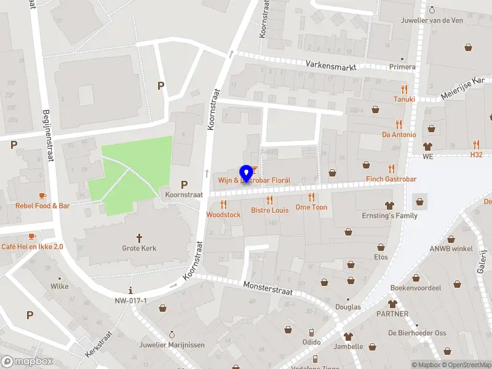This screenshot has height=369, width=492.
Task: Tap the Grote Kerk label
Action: click(139, 248)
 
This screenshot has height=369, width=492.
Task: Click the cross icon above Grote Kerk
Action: click(139, 237)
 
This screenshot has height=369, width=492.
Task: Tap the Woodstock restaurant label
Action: click(223, 215)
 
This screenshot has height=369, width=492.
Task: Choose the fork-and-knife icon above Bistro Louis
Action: click(269, 200)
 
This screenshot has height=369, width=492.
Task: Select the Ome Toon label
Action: click(311, 207)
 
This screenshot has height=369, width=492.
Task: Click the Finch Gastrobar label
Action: click(391, 179)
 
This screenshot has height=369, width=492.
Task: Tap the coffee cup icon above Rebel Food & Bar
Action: click(42, 196)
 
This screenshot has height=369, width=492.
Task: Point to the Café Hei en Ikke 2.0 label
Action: click(32, 247)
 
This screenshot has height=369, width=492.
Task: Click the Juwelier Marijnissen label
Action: click(172, 344)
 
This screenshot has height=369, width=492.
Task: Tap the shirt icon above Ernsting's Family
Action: click(389, 205)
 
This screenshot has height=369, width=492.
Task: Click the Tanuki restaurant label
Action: click(404, 99)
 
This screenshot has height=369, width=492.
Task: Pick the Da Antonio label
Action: click(399, 135)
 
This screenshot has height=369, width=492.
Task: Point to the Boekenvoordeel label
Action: click(416, 288)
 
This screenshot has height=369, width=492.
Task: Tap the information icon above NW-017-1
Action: click(130, 290)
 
